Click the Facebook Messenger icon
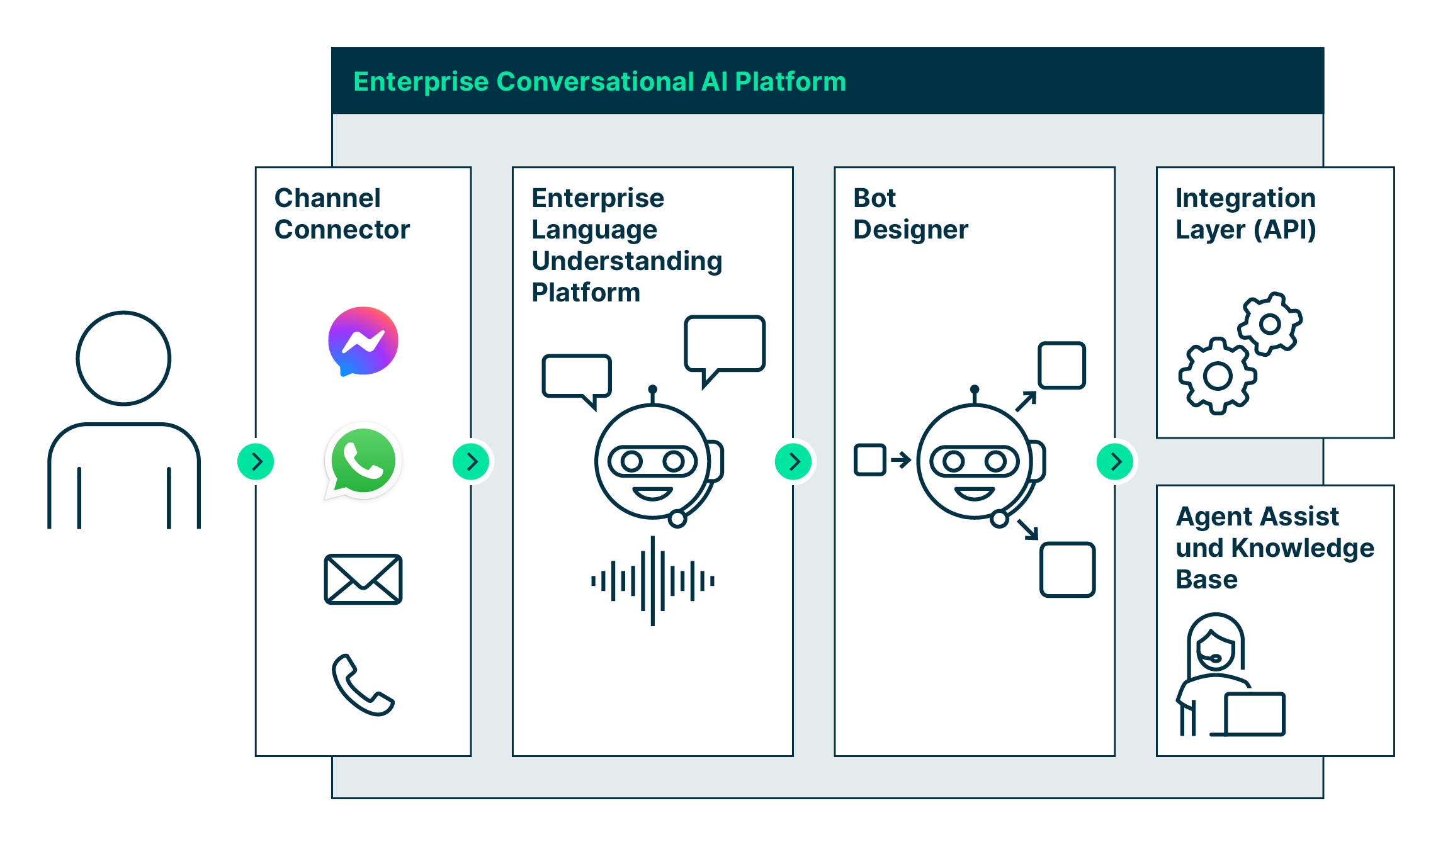(x=363, y=341)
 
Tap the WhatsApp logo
(x=363, y=461)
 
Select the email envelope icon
(x=363, y=579)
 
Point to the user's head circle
(x=123, y=358)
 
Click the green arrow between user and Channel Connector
(x=256, y=462)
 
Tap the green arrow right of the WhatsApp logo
(x=471, y=462)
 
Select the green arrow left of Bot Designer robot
(x=793, y=462)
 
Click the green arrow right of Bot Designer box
(x=1115, y=462)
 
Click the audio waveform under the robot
(x=653, y=581)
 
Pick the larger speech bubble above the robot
(x=725, y=344)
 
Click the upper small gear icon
(x=1270, y=324)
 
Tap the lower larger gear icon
(x=1218, y=376)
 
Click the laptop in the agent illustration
(x=1254, y=714)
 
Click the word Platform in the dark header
(x=790, y=82)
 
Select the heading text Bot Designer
(x=910, y=214)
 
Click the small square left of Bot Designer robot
(x=870, y=460)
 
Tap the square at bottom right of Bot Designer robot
(x=1067, y=570)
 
